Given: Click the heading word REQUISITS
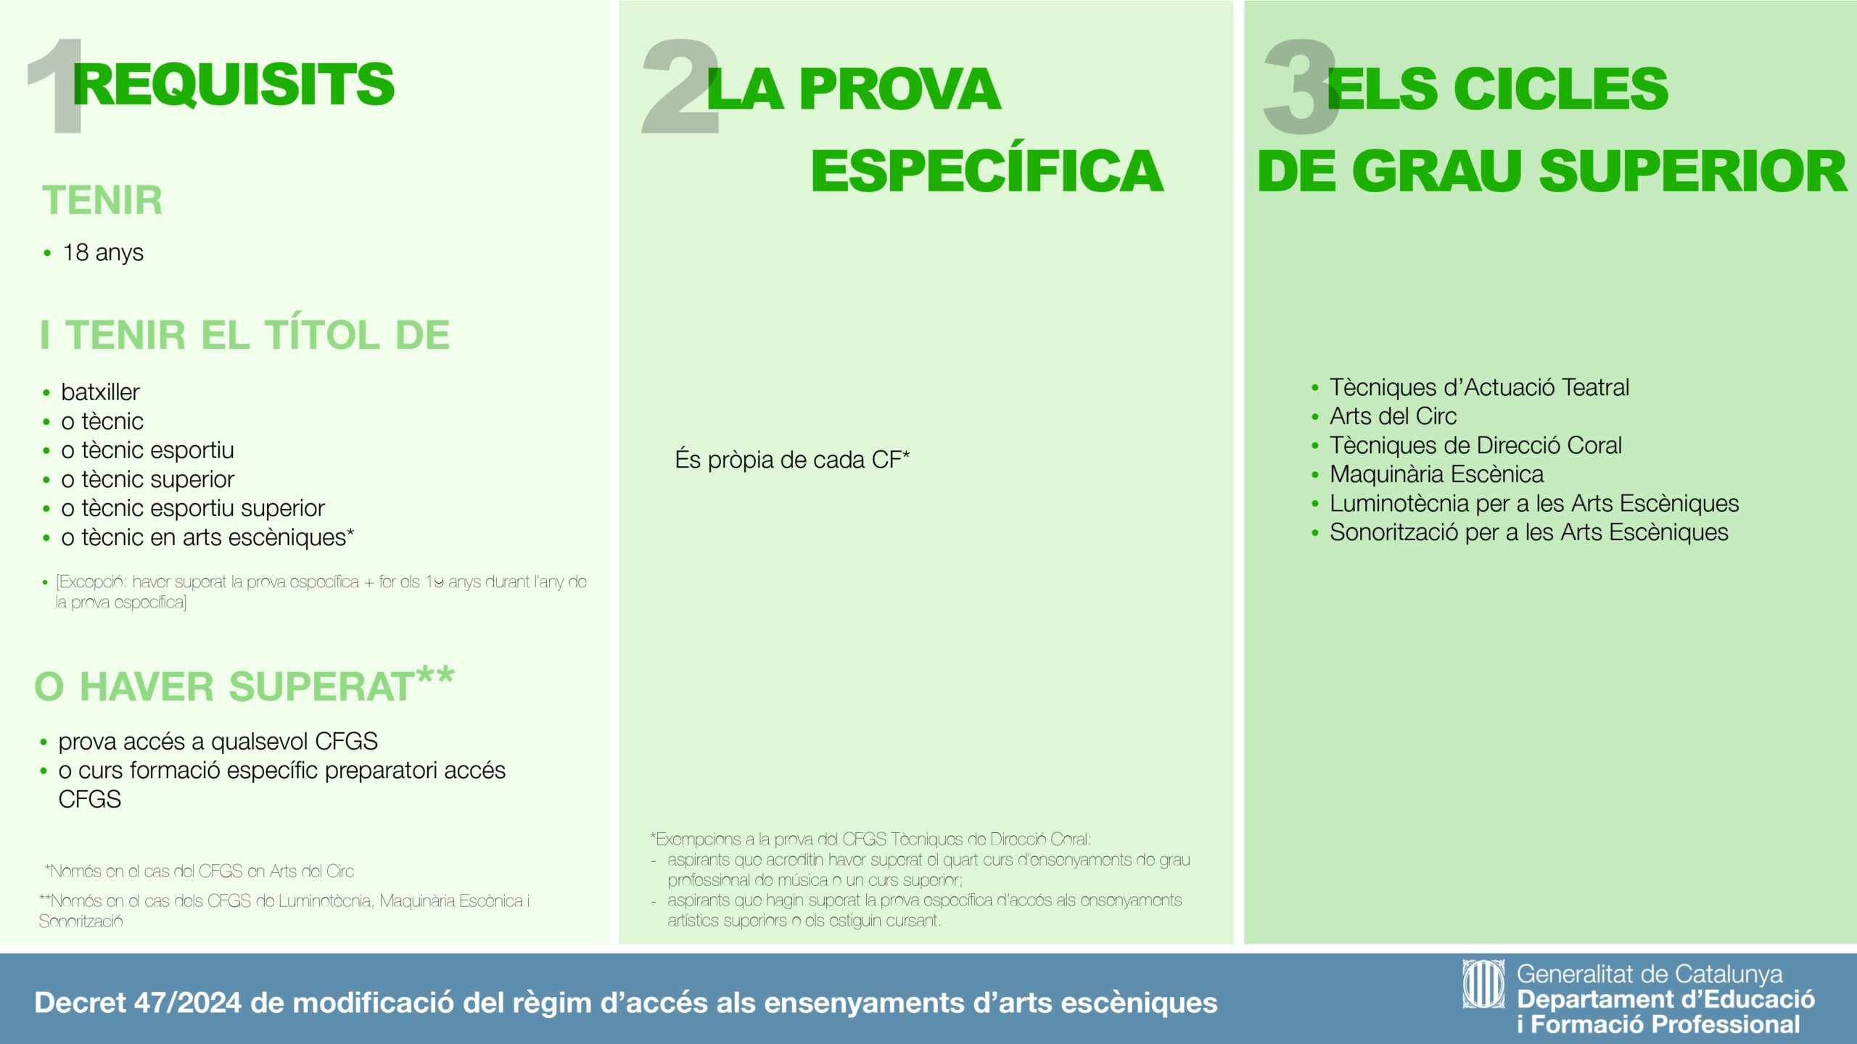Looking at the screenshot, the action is pos(234,84).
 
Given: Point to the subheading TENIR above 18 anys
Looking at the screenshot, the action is pos(102,200).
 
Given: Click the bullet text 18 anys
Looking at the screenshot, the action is pos(103,252).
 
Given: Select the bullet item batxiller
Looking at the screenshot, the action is pos(100,391).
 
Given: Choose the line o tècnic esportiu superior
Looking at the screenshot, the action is pos(193,508).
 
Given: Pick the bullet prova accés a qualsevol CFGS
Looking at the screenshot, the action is pos(218,742).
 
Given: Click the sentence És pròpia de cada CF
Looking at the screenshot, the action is pos(792,460).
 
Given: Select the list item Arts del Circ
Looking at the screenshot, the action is pos(1393,416).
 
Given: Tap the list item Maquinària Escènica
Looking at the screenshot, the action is pos(1436,474).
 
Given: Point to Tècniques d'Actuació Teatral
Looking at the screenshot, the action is pos(1479,387).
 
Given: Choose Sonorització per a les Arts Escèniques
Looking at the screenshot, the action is pos(1528,532).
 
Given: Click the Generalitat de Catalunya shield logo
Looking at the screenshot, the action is pos(1483,984).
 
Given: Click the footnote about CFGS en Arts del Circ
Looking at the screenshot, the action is pos(199,871).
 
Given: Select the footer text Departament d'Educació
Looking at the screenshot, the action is pos(1665,999).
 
